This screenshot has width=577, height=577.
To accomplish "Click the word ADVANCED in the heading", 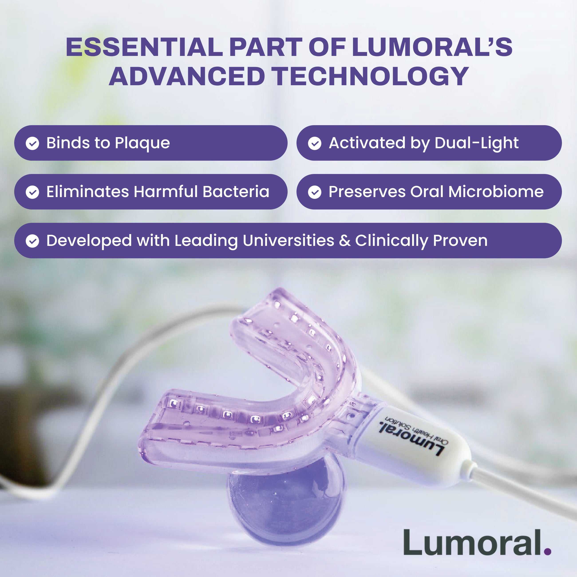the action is [187, 77].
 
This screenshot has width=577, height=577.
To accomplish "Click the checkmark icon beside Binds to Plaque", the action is [32, 143].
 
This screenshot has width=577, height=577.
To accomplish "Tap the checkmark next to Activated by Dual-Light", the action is [315, 143].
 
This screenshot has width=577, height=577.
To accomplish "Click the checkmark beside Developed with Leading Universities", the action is [32, 241].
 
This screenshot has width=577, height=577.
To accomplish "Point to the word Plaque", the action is [142, 144].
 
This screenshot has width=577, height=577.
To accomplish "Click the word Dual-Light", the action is [477, 143].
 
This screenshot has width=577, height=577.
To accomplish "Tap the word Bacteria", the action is [236, 192].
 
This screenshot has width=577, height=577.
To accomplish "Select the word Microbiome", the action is [496, 192].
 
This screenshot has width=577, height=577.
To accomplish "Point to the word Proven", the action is [460, 241].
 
